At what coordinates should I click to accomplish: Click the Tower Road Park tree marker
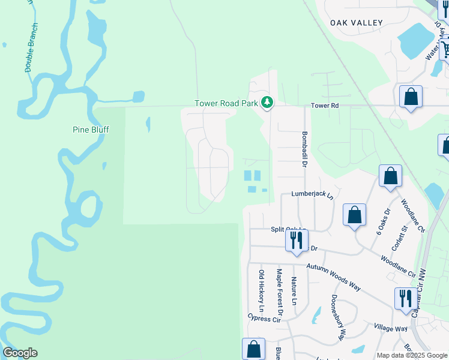268,103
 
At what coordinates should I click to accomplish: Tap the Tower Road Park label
226,103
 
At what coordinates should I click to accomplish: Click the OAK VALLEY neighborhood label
356,23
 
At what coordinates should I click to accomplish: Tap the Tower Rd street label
325,106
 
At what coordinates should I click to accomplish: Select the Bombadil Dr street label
304,149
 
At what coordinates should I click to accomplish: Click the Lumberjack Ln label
312,194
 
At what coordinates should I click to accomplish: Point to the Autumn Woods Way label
333,277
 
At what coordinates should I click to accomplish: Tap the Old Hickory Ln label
261,290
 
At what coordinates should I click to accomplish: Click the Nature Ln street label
294,291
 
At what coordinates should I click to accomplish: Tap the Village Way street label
391,328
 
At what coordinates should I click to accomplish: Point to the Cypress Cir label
264,317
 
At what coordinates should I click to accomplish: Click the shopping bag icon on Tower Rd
411,97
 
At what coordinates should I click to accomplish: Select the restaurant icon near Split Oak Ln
297,241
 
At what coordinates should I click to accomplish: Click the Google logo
20,353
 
